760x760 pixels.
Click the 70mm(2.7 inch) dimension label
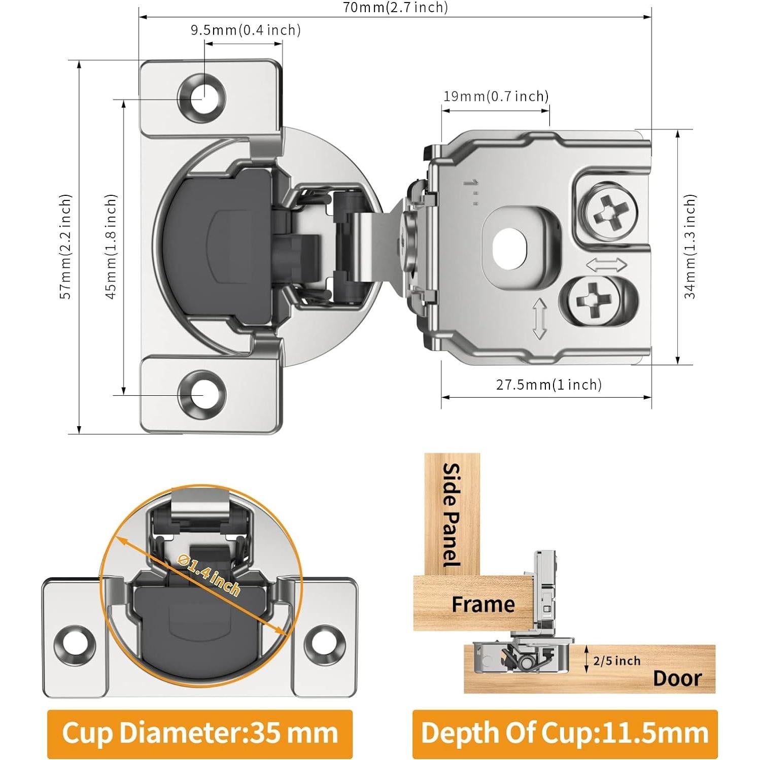click(395, 7)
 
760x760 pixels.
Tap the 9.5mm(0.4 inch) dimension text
click(246, 30)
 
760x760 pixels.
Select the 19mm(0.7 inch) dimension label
click(496, 96)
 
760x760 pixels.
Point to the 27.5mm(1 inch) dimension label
click(549, 385)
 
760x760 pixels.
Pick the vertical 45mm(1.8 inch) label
click(112, 247)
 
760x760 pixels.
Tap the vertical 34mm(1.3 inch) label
click(690, 247)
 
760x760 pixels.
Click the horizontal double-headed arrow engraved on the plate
click(607, 265)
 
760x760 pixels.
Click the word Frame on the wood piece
click(483, 604)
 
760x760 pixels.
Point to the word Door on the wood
click(677, 678)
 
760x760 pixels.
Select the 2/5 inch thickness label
click(617, 661)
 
